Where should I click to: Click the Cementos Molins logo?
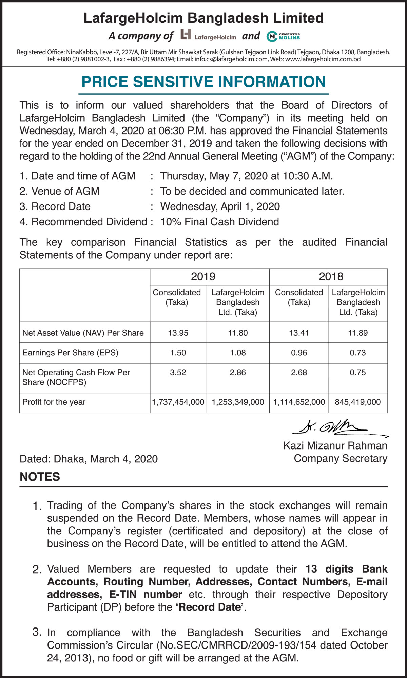pos(283,36)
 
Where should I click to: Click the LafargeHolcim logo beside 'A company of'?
pos(208,35)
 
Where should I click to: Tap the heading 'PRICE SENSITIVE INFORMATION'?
pos(203,82)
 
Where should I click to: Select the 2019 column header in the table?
pos(203,277)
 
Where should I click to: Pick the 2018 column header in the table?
pos(331,277)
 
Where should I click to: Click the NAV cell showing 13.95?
pos(178,333)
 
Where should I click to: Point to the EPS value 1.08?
pos(238,353)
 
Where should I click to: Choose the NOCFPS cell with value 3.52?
pos(178,372)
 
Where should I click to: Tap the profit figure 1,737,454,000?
pos(178,402)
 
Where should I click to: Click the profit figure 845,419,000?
pos(357,402)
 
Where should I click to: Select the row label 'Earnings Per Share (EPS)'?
pos(70,353)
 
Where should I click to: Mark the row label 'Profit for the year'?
pos(54,402)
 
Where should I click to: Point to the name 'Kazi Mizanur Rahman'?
pos(335,445)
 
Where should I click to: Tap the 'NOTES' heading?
pos(40,477)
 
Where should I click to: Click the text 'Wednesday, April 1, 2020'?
pos(220,206)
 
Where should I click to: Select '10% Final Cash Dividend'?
pos(219,222)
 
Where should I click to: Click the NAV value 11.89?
pos(357,333)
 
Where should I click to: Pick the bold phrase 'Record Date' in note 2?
pos(210,607)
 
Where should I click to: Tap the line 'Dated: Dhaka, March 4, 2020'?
pos(89,459)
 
